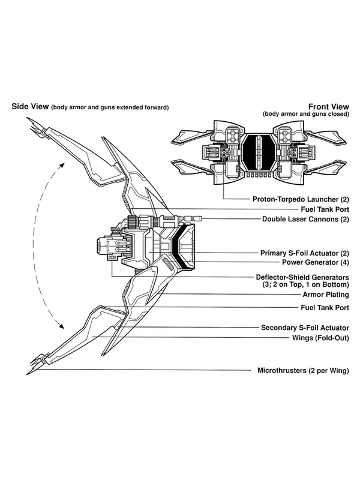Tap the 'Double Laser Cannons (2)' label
306,219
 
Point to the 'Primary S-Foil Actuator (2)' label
305,253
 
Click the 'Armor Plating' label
323,296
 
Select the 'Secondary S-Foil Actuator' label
305,328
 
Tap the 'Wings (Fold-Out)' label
320,338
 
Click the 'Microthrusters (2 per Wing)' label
303,370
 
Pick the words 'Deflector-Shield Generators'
302,277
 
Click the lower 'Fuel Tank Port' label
324,307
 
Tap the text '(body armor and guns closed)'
305,114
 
